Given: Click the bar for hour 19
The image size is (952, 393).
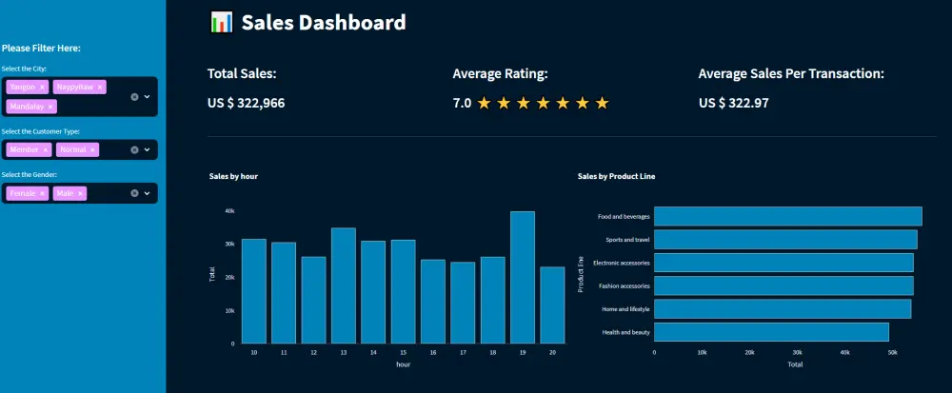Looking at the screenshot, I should click(523, 277).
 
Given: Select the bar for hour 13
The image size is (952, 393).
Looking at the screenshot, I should click(344, 285).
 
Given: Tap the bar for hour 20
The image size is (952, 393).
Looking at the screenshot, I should click(552, 305).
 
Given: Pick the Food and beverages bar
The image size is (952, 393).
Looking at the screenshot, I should click(787, 216).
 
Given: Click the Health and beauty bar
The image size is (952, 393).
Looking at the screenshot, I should click(771, 332).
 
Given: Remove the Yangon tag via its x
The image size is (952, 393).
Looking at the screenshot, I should click(42, 87).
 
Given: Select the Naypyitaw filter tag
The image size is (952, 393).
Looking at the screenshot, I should click(74, 87).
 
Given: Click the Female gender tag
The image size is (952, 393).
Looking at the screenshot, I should click(23, 193).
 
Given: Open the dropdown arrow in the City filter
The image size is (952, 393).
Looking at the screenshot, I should click(147, 97).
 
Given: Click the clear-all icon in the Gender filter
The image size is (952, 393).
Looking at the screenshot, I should click(134, 193).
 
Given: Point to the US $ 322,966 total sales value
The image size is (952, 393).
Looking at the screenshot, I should click(246, 103).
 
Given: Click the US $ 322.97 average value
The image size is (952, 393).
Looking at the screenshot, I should click(733, 103).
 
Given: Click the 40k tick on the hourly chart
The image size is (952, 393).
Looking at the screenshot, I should click(229, 211).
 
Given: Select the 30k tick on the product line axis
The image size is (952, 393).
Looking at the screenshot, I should click(797, 351).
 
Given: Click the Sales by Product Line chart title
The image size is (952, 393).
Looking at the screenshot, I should click(616, 176).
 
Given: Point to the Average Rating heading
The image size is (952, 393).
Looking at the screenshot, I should click(500, 73).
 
